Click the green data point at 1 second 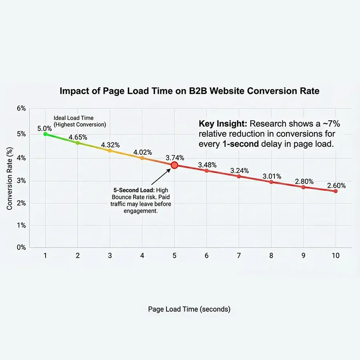coord(45,134)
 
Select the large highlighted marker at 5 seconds coord(174,165)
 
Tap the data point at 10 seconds coord(335,191)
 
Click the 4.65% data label coord(78,137)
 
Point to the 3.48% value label coord(207,165)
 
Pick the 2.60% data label coord(336,185)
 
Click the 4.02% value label coord(142,152)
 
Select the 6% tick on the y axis coord(21,109)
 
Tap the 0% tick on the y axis coord(21,248)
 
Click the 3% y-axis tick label coord(21,181)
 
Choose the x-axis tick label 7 coord(238,256)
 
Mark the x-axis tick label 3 coord(110,256)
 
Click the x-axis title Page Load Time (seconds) coord(189,309)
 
